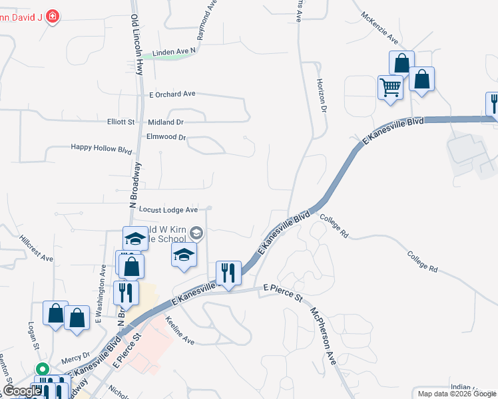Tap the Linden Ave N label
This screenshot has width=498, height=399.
(174, 51)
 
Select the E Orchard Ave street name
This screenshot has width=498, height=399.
(172, 94)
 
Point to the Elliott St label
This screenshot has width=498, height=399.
(121, 122)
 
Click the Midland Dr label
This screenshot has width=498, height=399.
(166, 122)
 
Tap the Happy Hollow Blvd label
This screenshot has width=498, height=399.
(102, 150)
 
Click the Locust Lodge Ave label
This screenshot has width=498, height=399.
(168, 209)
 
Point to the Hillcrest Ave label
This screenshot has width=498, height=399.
(36, 248)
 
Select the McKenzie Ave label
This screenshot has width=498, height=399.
(379, 26)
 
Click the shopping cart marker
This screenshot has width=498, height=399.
(389, 86)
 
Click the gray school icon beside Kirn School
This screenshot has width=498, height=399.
(196, 233)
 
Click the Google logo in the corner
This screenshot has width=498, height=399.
(21, 391)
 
